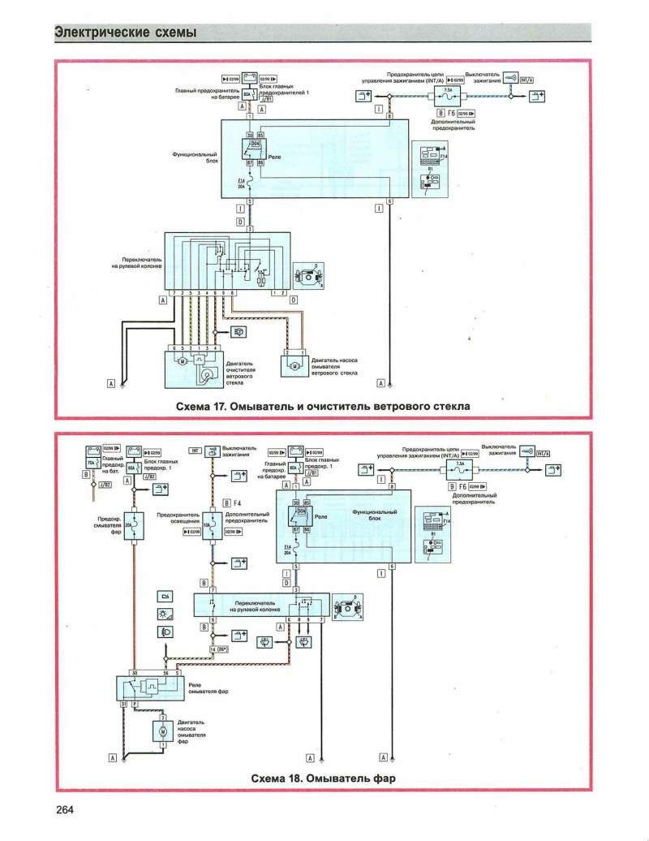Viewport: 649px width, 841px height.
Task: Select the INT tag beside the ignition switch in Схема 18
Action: point(196,450)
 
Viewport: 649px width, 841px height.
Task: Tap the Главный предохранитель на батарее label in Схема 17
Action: point(204,95)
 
